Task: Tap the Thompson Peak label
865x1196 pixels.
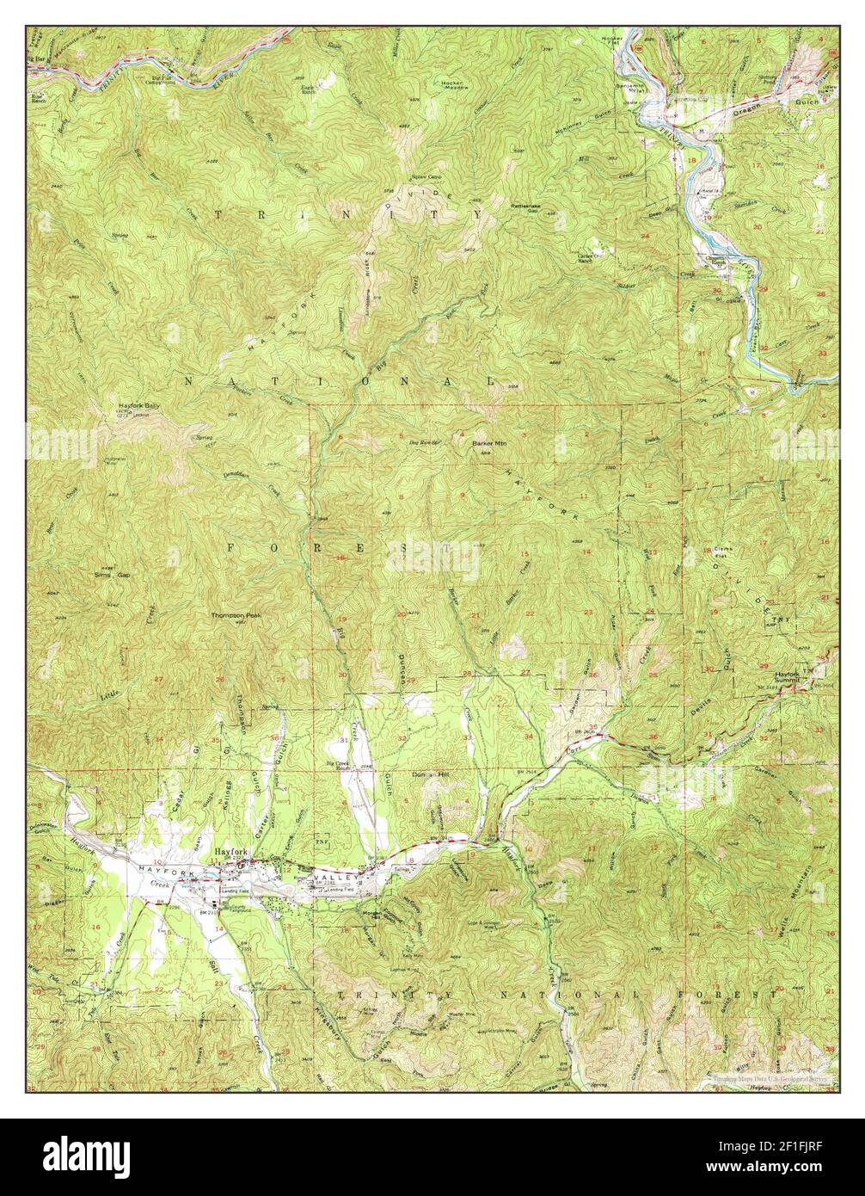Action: coord(235,616)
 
